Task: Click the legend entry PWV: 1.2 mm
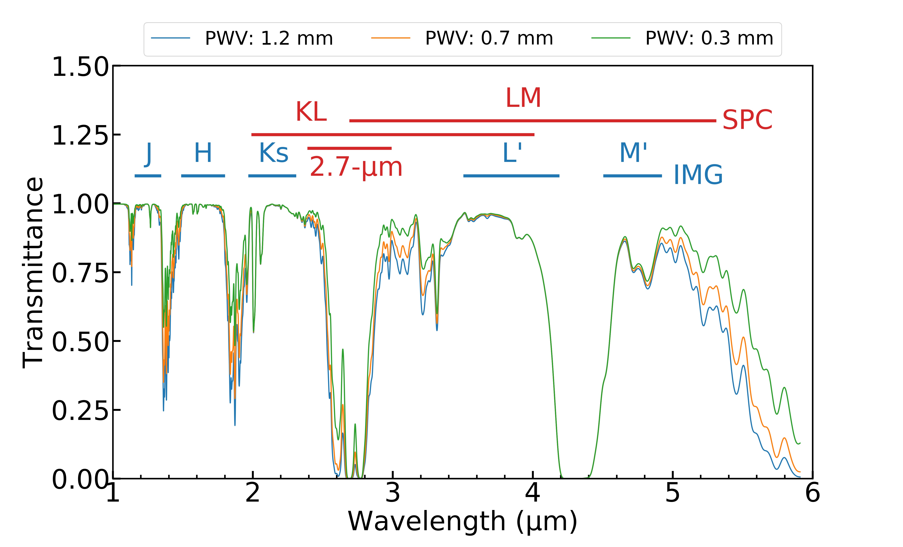click(x=269, y=38)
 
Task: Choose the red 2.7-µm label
click(x=356, y=167)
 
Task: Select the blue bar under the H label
click(x=203, y=176)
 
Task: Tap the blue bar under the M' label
click(x=632, y=176)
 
